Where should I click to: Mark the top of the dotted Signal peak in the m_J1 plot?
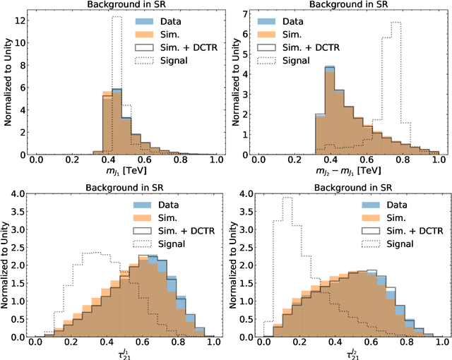(x=117, y=17)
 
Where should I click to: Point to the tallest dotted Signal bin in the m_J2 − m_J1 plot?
(x=395, y=23)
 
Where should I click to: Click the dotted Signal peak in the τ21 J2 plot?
(x=287, y=198)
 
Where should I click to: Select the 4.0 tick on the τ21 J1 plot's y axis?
(x=16, y=193)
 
